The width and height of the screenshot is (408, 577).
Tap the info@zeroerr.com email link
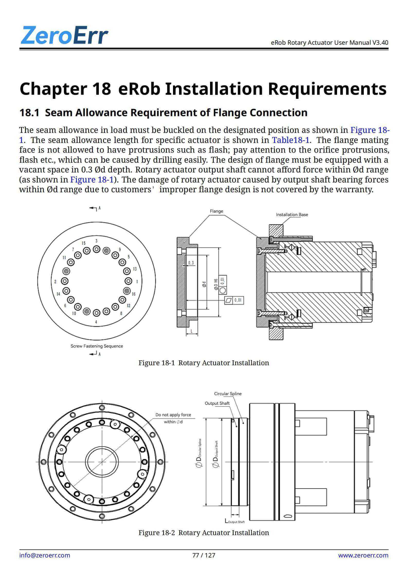(44, 555)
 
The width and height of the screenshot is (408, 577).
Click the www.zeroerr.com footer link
(363, 555)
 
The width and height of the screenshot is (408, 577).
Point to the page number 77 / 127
(204, 555)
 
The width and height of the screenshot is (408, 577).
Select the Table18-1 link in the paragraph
(291, 140)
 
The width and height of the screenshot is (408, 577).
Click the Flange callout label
(216, 211)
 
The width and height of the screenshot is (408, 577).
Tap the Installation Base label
(292, 215)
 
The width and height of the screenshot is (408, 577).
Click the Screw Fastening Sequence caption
(97, 346)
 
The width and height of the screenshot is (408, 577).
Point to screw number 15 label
(84, 243)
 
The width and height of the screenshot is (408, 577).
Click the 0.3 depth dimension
(191, 263)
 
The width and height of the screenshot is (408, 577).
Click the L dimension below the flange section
(192, 331)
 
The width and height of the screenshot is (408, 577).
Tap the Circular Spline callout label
(228, 394)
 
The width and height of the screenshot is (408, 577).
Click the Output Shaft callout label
(217, 403)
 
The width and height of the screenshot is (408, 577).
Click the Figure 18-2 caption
(204, 533)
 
